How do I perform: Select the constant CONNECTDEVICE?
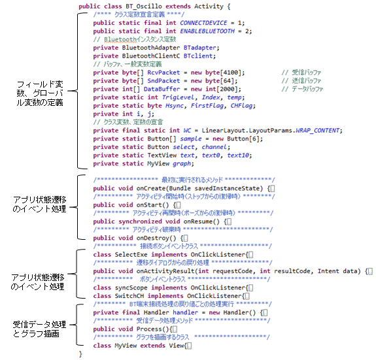coord(203,23)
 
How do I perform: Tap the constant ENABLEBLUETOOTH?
coord(207,31)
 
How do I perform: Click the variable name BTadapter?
coord(200,48)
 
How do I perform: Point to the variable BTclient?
coord(198,56)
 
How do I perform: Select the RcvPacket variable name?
coord(163,73)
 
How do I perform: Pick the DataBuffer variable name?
coord(162,89)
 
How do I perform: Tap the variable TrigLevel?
coord(178,97)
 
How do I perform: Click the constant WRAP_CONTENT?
coord(318,130)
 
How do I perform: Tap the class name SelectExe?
coord(131,254)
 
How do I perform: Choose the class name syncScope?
coord(131,287)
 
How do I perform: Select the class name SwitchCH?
coord(129,296)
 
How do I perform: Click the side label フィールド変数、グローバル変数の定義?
coord(40,93)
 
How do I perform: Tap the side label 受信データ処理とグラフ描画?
coord(39,329)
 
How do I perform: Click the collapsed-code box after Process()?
coord(175,329)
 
